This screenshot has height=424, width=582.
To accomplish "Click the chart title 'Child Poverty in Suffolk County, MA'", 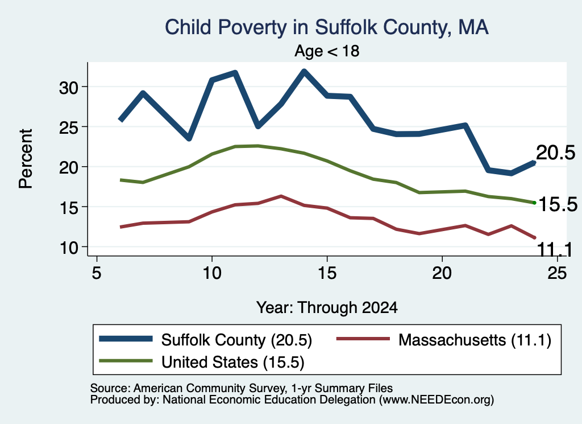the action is point(327,28).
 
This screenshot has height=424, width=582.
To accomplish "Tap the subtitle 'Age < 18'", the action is point(327,51).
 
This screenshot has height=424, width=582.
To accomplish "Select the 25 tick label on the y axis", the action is point(69,127).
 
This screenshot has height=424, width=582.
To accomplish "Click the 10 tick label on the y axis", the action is point(69,248).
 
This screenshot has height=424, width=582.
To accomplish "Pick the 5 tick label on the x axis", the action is point(97,273).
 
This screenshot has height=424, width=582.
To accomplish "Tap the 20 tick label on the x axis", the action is point(442,273).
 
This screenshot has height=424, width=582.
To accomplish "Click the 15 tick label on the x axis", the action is point(327,273).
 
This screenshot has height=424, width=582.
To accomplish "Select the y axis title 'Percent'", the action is point(26,159).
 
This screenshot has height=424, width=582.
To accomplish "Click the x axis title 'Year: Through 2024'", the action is point(327,308).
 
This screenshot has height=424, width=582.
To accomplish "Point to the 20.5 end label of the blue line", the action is point(556,153).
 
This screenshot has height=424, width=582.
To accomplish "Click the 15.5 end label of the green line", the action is point(558,204).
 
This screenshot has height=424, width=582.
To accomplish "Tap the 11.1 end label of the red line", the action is point(555,250).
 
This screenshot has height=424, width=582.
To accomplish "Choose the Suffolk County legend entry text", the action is point(236,340).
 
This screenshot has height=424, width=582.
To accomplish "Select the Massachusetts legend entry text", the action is point(475,340).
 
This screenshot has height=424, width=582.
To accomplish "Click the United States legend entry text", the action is point(232,363).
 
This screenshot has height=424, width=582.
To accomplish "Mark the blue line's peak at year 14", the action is point(304,71).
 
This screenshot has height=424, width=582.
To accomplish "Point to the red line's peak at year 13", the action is point(281,196).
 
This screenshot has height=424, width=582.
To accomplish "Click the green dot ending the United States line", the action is point(534,203).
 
